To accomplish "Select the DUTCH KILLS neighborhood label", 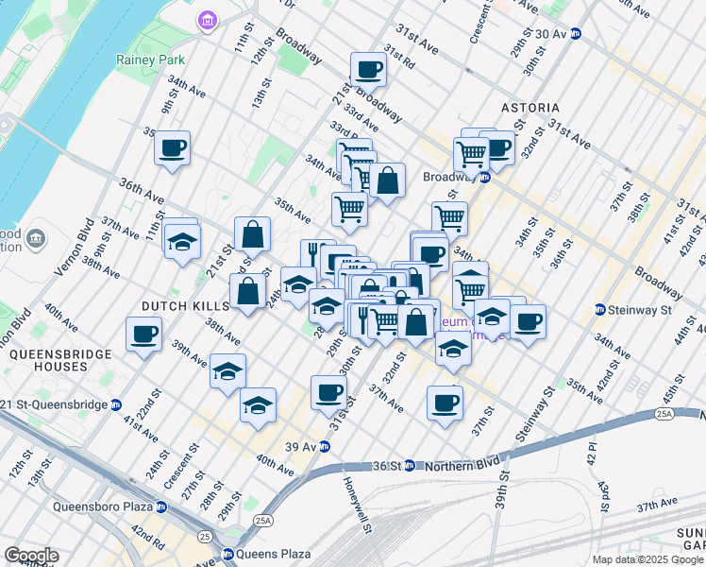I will click(x=185, y=306).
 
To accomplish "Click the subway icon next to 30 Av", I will click(x=576, y=33).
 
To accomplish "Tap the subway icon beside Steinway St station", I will click(x=599, y=309).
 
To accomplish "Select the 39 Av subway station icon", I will click(x=324, y=446).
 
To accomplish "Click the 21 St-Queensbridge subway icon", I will click(x=116, y=404).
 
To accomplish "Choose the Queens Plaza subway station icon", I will click(x=227, y=555).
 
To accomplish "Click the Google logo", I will click(x=31, y=556).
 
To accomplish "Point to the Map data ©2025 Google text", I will click(x=647, y=559).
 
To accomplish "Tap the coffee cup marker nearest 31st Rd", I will click(x=368, y=69).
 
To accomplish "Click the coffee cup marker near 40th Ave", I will click(x=143, y=334).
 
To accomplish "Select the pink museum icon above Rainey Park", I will click(x=207, y=20).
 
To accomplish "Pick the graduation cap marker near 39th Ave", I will click(x=228, y=372).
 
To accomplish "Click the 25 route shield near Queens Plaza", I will click(x=205, y=537).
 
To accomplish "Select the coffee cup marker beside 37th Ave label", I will click(x=445, y=403).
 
